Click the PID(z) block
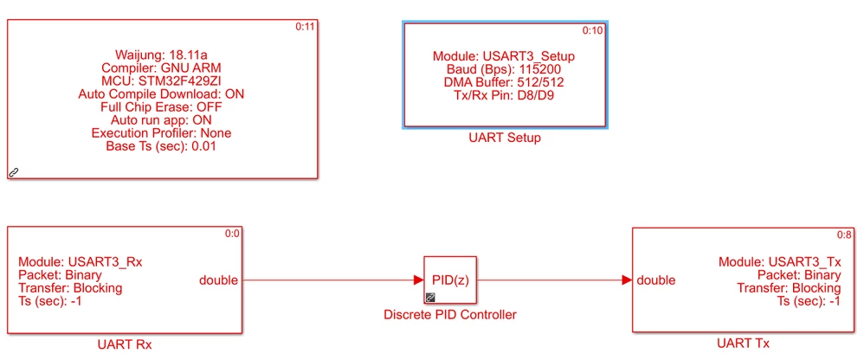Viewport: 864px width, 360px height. tap(449, 280)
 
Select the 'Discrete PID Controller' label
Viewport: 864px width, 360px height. tap(449, 315)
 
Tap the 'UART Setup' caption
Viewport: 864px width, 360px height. tap(505, 138)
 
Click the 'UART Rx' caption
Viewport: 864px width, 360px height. tap(125, 345)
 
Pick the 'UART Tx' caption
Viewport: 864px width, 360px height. tap(743, 344)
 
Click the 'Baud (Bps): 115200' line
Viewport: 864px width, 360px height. tap(505, 69)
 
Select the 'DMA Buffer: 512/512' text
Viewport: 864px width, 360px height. tap(505, 82)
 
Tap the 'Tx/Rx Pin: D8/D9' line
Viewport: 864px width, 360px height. tap(505, 95)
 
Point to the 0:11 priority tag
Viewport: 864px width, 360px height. tap(305, 28)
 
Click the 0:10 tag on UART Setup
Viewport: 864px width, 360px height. tap(593, 31)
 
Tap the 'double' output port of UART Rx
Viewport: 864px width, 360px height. tap(219, 280)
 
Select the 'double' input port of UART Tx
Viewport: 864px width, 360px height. tap(656, 280)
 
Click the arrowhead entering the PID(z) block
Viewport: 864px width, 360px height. tap(418, 280)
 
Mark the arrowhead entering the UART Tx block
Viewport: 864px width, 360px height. tap(627, 280)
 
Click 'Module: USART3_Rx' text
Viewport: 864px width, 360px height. tap(81, 262)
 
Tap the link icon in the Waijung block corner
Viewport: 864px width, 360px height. tap(15, 172)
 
